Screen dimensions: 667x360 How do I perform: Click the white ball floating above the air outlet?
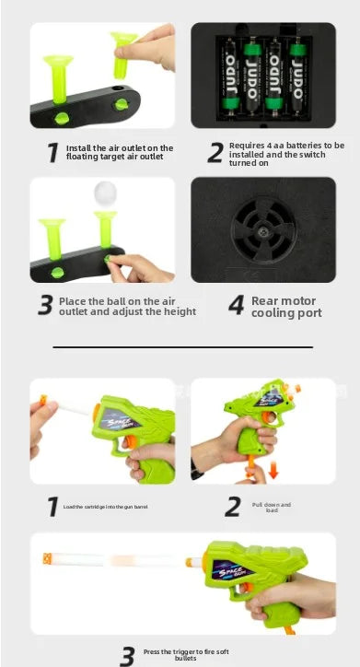click(105, 193)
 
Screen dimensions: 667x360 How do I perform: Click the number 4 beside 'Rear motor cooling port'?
click(236, 306)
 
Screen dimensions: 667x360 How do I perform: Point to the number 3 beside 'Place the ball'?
click(45, 306)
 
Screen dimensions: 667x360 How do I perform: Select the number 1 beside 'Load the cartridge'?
click(52, 506)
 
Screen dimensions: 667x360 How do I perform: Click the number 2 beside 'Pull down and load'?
click(235, 506)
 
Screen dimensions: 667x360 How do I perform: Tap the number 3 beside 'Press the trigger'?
click(129, 655)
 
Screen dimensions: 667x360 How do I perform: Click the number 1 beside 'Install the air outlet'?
click(54, 153)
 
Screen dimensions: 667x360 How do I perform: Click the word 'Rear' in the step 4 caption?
click(264, 300)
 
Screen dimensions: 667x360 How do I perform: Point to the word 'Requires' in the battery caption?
click(248, 146)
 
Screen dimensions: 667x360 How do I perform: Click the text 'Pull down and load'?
click(272, 507)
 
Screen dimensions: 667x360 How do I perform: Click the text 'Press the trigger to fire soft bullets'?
click(186, 655)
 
